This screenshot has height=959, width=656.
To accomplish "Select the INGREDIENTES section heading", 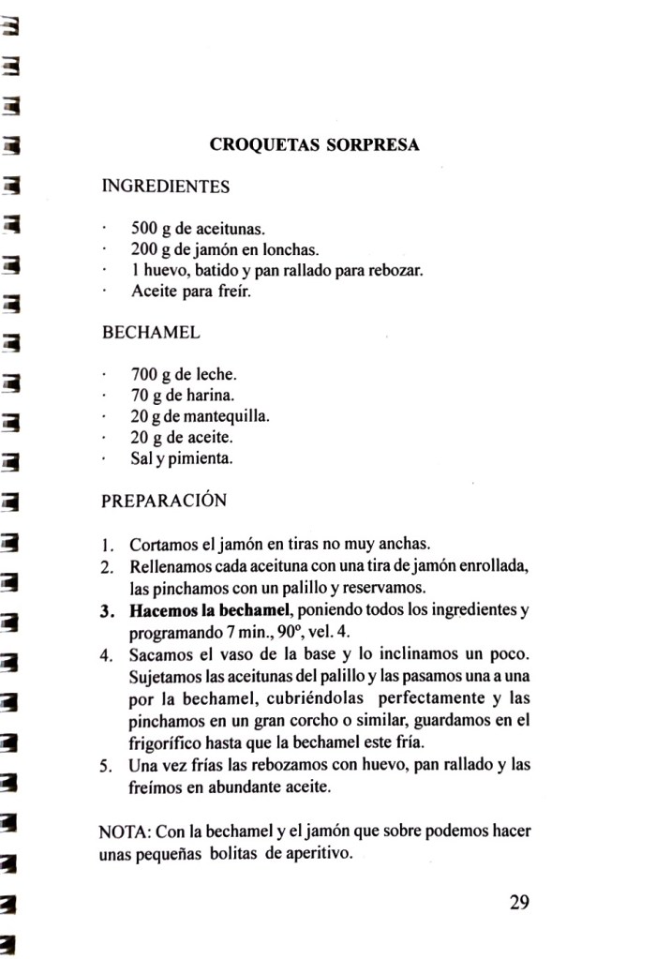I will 165,187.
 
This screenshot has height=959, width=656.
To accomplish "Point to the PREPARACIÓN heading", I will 163,501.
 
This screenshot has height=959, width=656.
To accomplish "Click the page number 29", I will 520,903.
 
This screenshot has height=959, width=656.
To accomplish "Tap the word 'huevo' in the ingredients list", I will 162,270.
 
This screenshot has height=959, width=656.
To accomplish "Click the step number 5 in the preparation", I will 107,765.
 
